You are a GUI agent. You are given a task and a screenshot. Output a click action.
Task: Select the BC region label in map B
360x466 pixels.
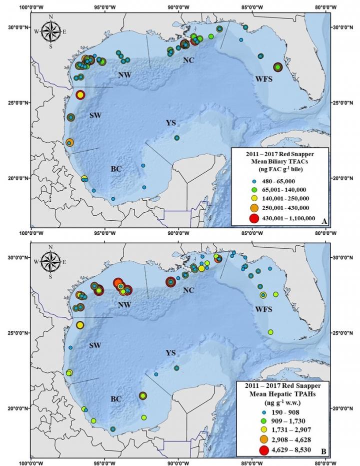(x=116, y=399)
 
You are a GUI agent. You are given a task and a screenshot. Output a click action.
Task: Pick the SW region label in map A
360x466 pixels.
(x=95, y=115)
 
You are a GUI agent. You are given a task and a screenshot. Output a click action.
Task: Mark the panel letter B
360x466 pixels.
(x=324, y=452)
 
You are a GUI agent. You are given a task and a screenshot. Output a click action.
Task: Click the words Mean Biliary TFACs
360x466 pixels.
(x=279, y=160)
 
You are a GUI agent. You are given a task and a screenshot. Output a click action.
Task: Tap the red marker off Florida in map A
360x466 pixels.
(x=278, y=67)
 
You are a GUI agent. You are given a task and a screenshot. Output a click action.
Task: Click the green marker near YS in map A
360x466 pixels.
(x=176, y=138)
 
